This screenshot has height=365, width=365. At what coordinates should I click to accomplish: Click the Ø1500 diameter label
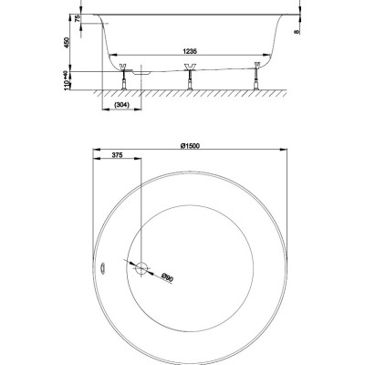190,146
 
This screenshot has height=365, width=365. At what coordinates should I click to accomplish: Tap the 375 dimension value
117,155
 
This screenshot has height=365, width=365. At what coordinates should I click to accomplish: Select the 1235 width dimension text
190,51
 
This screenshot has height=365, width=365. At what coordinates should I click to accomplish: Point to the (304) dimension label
121,105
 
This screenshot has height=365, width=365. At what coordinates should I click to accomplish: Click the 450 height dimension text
67,43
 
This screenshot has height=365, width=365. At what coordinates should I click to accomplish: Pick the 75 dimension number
78,18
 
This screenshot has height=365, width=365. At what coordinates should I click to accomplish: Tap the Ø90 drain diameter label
167,277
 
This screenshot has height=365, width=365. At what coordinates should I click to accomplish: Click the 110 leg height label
67,83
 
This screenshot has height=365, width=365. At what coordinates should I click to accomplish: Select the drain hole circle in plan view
141,268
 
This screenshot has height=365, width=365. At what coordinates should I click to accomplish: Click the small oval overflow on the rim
103,268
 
